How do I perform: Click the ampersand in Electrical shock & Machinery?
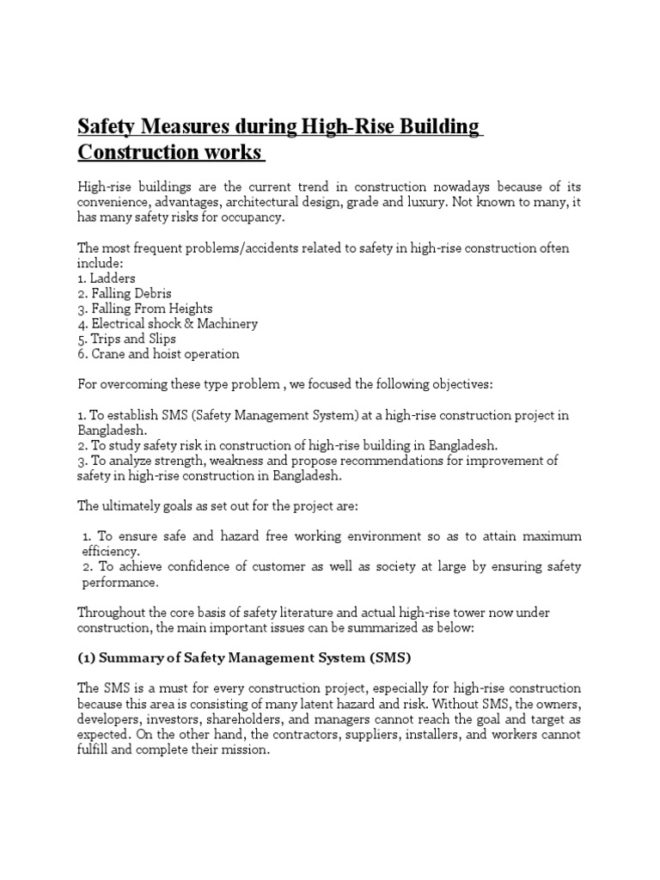click(x=177, y=324)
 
